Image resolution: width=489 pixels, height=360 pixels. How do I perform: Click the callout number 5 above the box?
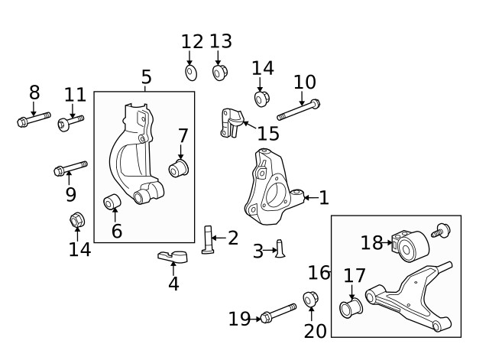[146, 77]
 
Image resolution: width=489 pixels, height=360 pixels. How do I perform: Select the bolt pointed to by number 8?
[31, 120]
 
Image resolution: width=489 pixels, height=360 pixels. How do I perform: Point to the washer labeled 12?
[191, 73]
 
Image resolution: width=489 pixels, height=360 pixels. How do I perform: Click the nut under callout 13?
[220, 73]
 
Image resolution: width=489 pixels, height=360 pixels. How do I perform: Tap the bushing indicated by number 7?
[180, 168]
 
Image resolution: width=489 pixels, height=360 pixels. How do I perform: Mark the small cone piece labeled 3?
[280, 248]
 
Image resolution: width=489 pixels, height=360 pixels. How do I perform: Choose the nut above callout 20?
[311, 299]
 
